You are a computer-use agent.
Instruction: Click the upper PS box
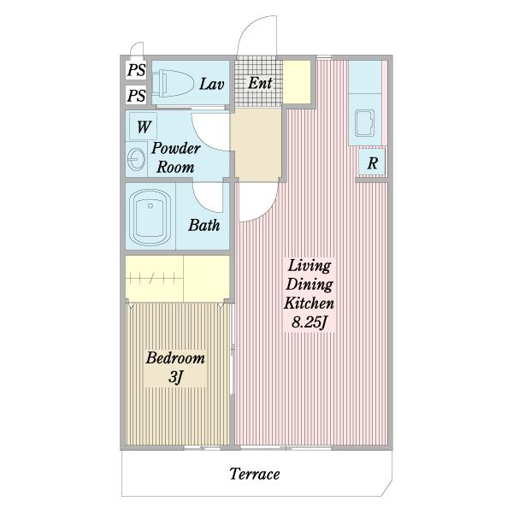click(136, 70)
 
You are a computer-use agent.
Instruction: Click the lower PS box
click(136, 95)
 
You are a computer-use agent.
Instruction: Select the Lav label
click(212, 84)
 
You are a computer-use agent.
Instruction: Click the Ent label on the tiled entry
click(260, 83)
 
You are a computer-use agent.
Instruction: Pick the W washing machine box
click(144, 126)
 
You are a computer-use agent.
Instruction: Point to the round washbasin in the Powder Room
click(136, 159)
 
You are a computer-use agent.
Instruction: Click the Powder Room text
click(175, 157)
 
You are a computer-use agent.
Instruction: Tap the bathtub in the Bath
click(150, 217)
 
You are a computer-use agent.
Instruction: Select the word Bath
click(204, 226)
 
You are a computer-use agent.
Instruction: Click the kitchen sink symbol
click(365, 123)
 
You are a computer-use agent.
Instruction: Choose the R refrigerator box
click(372, 162)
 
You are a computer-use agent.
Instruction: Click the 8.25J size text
click(310, 323)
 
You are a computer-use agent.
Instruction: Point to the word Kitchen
click(310, 303)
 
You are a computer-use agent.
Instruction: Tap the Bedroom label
click(175, 358)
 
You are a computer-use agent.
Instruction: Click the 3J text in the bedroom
click(175, 378)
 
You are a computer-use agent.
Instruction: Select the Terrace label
click(255, 474)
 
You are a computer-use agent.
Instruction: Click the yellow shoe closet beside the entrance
click(297, 82)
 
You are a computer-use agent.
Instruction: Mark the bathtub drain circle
click(150, 206)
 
